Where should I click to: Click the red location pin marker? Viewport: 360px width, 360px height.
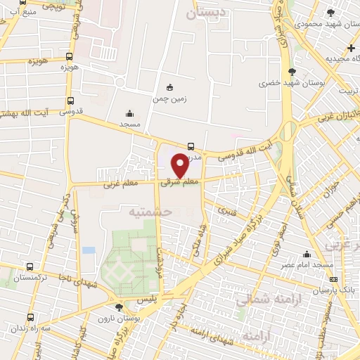pos(180,165)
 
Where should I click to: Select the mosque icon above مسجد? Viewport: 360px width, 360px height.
pos(129,112)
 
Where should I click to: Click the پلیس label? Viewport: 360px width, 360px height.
pos(144,299)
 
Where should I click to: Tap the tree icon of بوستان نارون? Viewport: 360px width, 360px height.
pos(119,307)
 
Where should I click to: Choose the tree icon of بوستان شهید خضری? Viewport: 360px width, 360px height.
pos(292,71)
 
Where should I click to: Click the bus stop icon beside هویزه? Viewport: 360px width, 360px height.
pos(68,56)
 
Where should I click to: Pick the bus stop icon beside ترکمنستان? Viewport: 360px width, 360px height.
pos(29,266)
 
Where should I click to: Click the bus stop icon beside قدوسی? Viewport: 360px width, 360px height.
pos(70,100)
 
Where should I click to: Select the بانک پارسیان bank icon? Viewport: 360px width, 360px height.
pos(333,279)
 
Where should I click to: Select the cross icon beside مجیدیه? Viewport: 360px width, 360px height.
pos(352,47)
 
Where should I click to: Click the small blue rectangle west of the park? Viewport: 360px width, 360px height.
pos(88,250)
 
